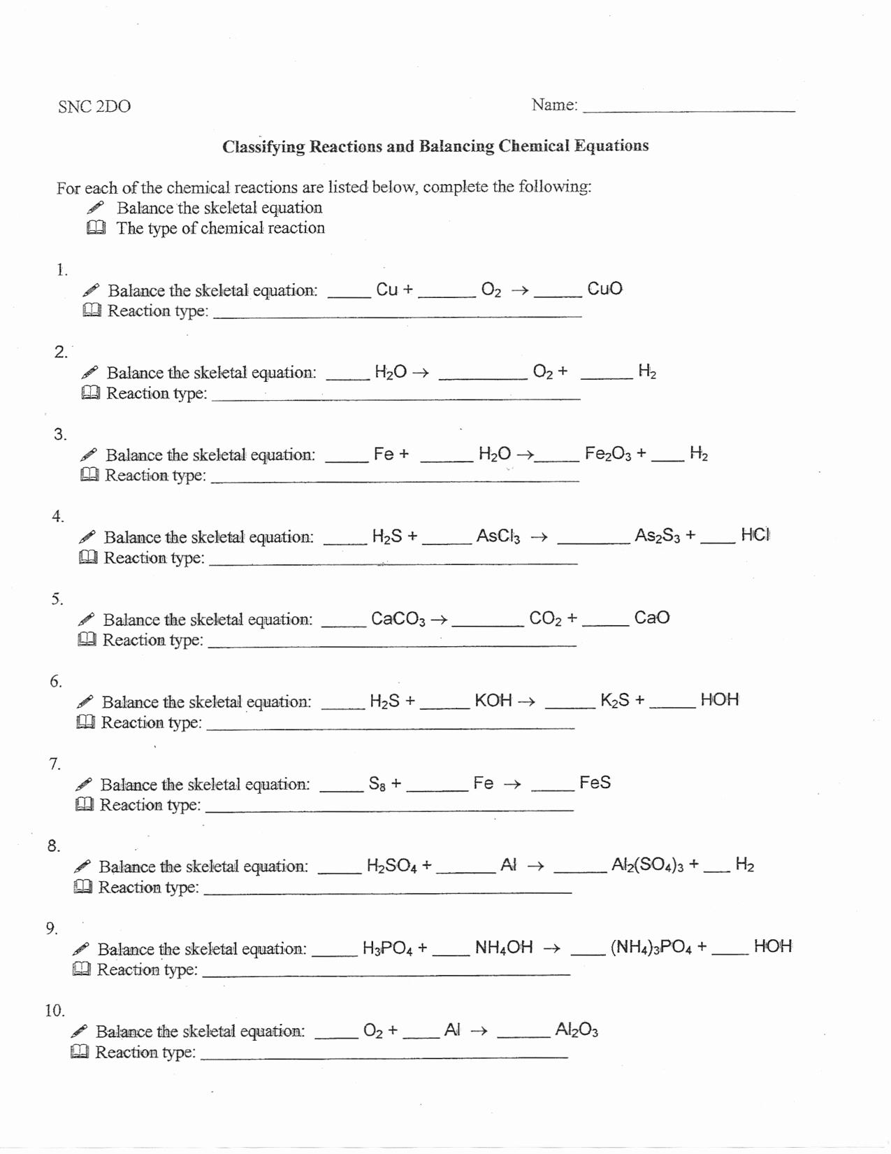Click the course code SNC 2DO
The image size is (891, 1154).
click(94, 106)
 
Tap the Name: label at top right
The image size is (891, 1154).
click(554, 105)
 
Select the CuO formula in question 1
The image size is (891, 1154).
click(604, 289)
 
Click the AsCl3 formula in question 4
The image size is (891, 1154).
click(498, 536)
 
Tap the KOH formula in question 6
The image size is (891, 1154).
click(493, 700)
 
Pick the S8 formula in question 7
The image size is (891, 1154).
click(377, 783)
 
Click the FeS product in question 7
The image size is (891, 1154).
click(595, 783)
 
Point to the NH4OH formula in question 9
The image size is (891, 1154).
click(504, 948)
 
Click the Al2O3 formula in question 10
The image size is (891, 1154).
click(577, 1030)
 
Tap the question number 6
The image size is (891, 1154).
click(55, 681)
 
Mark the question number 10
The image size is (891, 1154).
click(55, 1011)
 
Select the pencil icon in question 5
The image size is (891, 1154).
click(86, 620)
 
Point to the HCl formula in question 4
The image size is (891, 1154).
click(755, 536)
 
